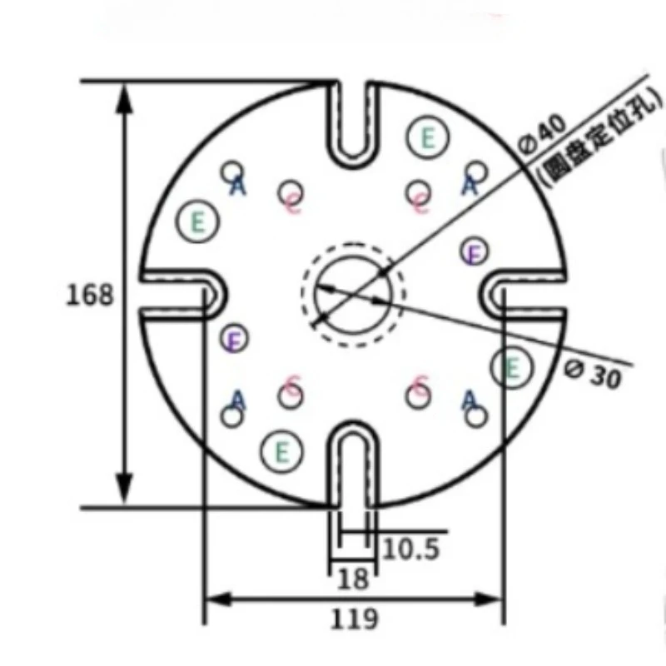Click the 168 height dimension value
(89, 295)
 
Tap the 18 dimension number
(354, 579)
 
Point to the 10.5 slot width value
(410, 549)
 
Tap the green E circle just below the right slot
(510, 367)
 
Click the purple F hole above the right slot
(474, 251)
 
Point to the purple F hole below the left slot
(236, 338)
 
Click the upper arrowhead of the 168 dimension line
(125, 96)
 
